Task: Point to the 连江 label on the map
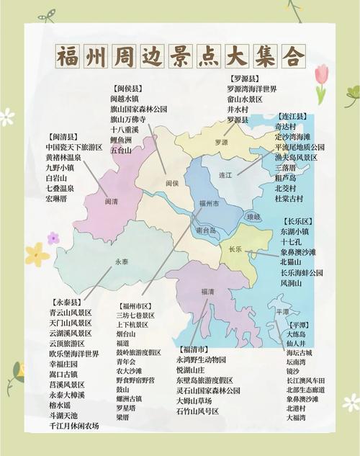point(225,175)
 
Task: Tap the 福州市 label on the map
point(210,204)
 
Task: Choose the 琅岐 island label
point(253,216)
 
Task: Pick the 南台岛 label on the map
point(206,231)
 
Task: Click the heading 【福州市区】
point(136,305)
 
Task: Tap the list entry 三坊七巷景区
point(135,316)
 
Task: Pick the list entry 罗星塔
point(127,407)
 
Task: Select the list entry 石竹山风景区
point(197,411)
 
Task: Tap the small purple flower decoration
point(53,238)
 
